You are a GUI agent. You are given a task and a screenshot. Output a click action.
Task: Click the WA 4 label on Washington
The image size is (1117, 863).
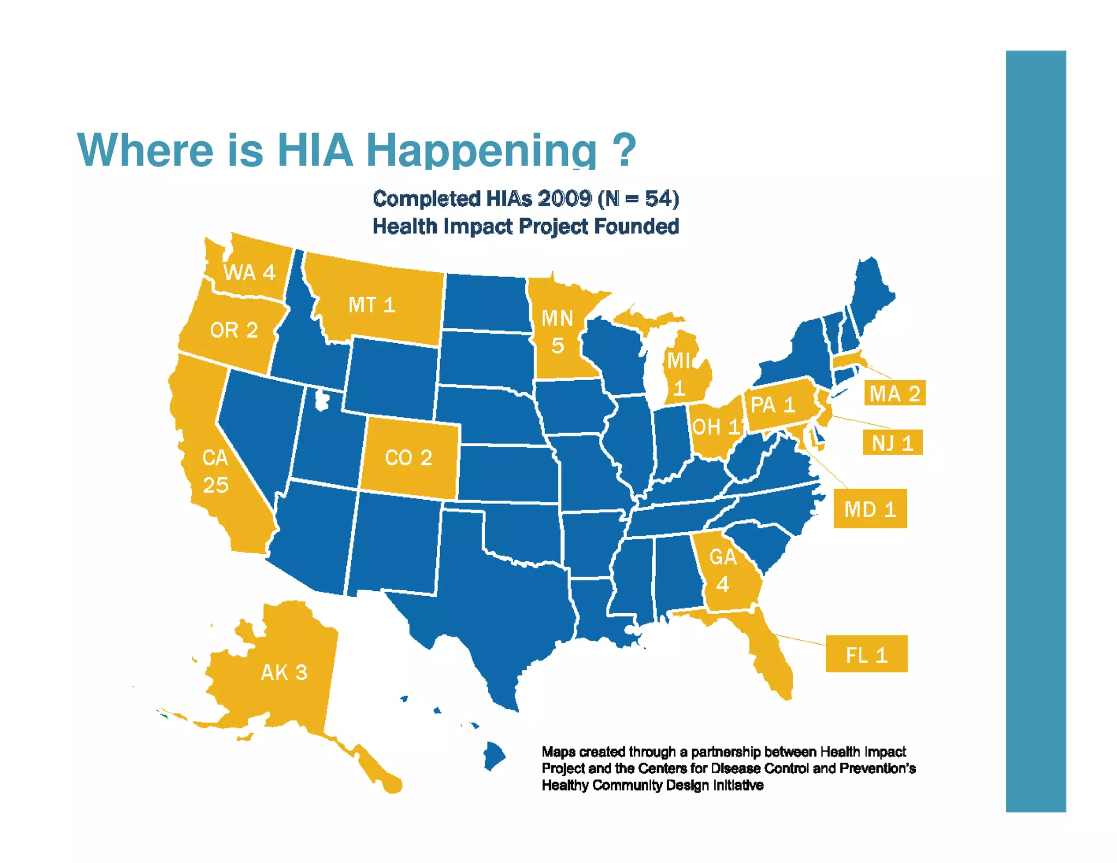(249, 272)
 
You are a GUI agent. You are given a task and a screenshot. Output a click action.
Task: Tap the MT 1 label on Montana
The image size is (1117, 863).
(371, 305)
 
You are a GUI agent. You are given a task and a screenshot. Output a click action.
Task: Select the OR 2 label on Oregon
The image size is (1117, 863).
(233, 330)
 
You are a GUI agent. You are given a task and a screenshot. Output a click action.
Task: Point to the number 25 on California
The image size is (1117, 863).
(215, 485)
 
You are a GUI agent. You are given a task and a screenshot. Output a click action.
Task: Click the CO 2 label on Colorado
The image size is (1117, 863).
(409, 458)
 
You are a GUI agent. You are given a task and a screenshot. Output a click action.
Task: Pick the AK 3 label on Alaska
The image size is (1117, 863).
(284, 673)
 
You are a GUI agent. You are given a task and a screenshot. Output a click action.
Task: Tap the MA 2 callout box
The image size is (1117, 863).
(894, 393)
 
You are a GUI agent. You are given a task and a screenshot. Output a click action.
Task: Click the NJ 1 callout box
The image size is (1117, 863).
(892, 442)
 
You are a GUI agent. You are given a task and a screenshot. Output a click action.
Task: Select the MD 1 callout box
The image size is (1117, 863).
(870, 509)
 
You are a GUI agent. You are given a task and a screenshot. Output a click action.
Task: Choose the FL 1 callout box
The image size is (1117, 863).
(866, 654)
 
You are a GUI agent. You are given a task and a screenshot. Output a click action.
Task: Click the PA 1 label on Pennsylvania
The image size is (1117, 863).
(772, 405)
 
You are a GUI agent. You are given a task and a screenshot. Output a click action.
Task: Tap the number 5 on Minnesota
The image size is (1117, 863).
(557, 345)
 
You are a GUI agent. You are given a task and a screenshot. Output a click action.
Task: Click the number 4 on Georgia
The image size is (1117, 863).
(723, 585)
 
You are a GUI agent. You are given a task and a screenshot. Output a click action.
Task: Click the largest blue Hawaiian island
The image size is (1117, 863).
(494, 756)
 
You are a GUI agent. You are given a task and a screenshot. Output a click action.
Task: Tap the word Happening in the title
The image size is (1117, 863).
(481, 150)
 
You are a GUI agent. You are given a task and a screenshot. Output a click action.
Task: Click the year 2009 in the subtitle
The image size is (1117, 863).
(564, 199)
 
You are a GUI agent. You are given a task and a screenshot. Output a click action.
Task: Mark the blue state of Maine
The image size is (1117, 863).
(870, 295)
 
